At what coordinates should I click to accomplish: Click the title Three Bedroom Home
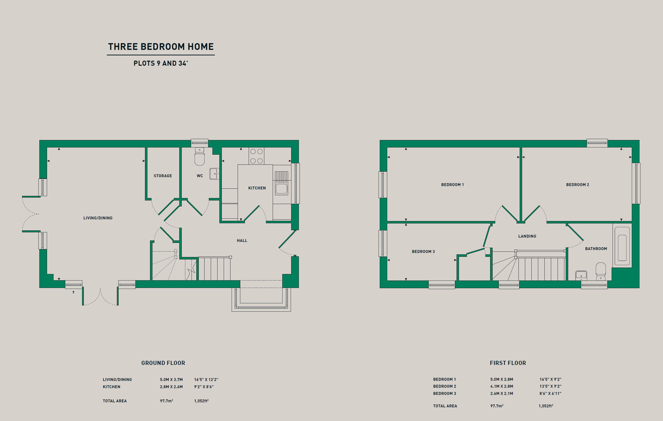tap(161, 47)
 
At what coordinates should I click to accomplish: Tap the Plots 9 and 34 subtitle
tap(161, 63)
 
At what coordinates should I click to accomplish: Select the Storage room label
tap(163, 176)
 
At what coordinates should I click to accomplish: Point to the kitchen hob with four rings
tap(256, 156)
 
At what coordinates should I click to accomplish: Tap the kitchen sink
tap(281, 183)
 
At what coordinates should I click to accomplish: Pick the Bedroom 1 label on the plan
tap(452, 185)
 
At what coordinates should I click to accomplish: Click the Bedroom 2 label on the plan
tap(577, 185)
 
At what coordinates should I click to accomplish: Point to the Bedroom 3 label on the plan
tap(423, 251)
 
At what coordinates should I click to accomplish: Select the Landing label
tap(527, 236)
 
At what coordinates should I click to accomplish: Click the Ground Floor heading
tap(163, 363)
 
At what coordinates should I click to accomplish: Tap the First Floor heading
tap(508, 363)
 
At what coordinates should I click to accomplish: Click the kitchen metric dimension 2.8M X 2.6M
tap(171, 387)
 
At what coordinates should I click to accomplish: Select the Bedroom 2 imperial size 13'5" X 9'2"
tap(550, 386)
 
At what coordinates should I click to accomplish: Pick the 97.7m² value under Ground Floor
tap(167, 401)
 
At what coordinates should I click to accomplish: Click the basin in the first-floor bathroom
tap(581, 275)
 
